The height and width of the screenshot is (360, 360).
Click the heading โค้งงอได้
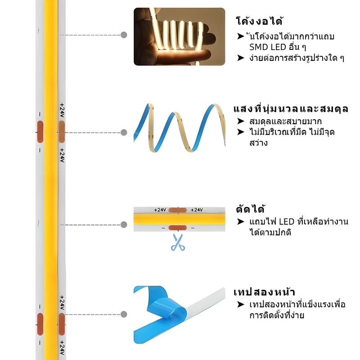click(x=259, y=21)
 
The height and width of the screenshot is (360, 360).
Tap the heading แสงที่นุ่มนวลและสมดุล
click(x=291, y=109)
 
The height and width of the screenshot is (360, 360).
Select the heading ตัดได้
click(x=251, y=209)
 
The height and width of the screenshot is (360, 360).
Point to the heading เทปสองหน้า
click(x=264, y=292)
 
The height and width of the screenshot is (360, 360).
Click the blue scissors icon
click(x=178, y=243)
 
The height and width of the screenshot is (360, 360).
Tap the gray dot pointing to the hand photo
click(x=124, y=35)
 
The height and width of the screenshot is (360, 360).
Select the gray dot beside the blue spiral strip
click(x=124, y=132)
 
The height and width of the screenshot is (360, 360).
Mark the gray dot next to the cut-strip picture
click(x=124, y=225)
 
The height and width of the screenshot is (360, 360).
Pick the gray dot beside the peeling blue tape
click(x=124, y=314)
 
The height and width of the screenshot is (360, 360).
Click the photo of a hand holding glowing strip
click(x=179, y=36)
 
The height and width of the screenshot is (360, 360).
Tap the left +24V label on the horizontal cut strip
click(x=160, y=210)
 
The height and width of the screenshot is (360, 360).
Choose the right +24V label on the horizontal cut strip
click(x=197, y=210)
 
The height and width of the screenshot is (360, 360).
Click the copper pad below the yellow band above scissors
click(x=177, y=228)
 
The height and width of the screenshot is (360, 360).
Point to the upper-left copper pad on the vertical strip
click(x=40, y=132)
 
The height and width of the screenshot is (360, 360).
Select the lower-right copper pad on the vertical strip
click(x=62, y=324)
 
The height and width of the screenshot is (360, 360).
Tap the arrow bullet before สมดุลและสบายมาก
click(x=241, y=121)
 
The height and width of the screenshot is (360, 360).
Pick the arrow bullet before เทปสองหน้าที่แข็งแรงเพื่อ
click(x=241, y=305)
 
